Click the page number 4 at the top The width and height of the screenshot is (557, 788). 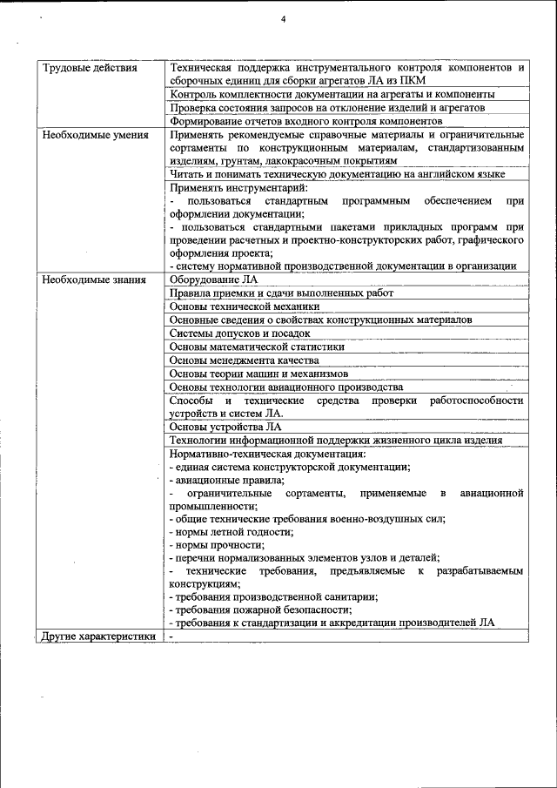click(284, 20)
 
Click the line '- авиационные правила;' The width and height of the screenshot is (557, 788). click(226, 480)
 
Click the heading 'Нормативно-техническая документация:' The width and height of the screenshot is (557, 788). click(267, 454)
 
